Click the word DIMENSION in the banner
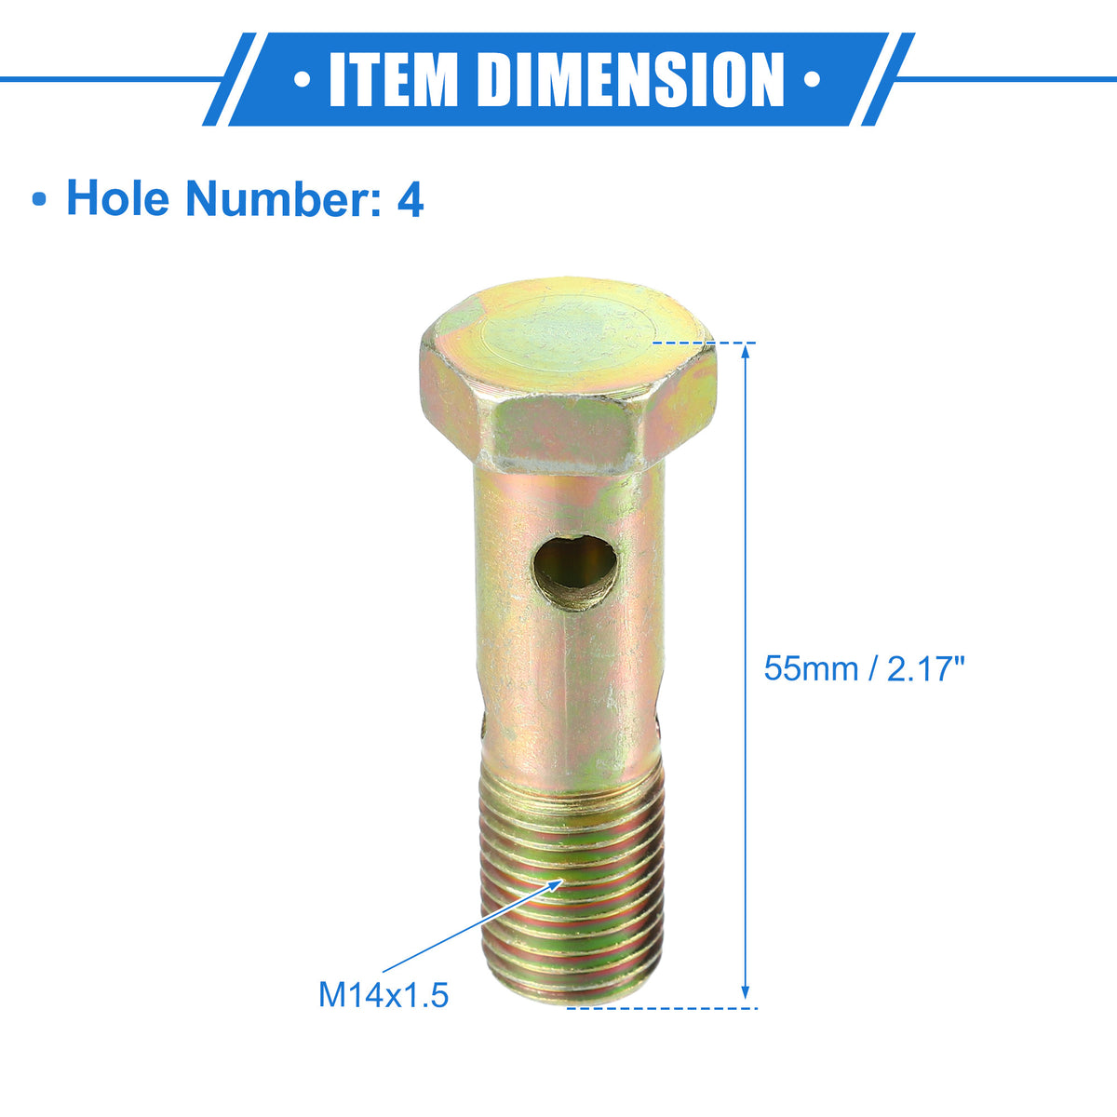pyautogui.click(x=636, y=79)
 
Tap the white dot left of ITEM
pyautogui.click(x=302, y=79)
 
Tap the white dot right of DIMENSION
pyautogui.click(x=812, y=79)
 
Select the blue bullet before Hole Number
pyautogui.click(x=39, y=200)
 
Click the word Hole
pyautogui.click(x=117, y=198)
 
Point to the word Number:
pyautogui.click(x=283, y=198)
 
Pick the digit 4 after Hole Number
pyautogui.click(x=410, y=199)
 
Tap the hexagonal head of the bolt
pyautogui.click(x=568, y=377)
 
